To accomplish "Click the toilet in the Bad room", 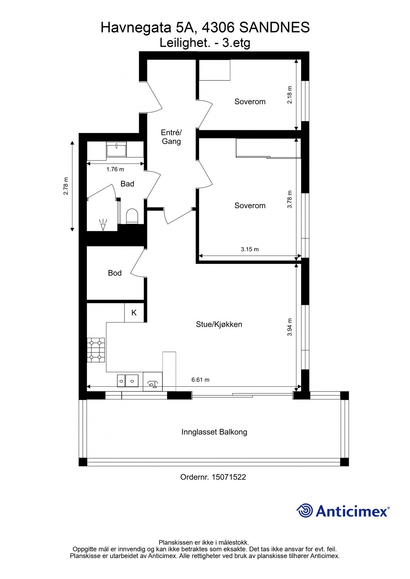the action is (132, 216).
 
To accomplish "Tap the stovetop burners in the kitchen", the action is (96, 350).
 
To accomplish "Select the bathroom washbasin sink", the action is (116, 149).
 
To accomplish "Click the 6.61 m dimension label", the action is (200, 380).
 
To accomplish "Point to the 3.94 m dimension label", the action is (290, 327).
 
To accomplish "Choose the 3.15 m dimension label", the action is (250, 249).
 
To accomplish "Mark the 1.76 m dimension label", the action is (115, 169).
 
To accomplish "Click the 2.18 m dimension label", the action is (290, 95).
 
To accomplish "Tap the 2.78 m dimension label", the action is (66, 186).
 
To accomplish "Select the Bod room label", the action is (115, 273).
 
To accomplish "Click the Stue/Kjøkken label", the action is (219, 324).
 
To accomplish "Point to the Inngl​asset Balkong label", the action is (214, 432).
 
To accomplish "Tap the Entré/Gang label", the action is (171, 137).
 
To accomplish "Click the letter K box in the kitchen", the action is (134, 312).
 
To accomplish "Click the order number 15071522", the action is (229, 477).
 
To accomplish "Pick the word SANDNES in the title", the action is (275, 28).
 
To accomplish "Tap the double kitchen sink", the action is (128, 381).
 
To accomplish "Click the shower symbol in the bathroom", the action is (103, 225).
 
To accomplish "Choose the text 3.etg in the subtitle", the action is (236, 43).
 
